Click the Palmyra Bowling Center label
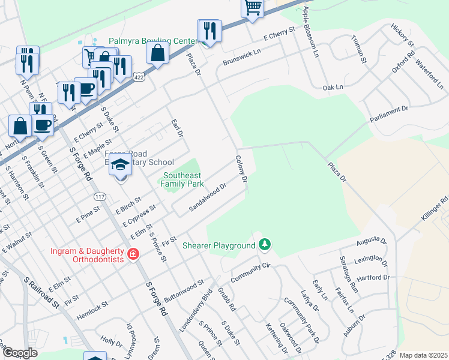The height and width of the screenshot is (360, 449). coord(152,41)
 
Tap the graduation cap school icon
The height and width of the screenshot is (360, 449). coord(120,166)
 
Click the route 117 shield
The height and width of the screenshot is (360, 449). coord(100,196)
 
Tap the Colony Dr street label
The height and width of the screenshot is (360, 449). coord(241,169)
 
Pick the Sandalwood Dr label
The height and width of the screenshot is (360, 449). coord(208,197)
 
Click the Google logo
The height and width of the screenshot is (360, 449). coord(20,352)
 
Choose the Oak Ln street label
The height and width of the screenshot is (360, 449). coord(332,87)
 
